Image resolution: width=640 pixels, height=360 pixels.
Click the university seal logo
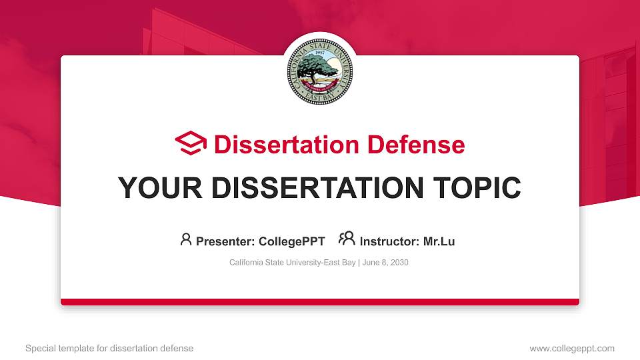320,70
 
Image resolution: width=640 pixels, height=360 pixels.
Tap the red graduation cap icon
191,143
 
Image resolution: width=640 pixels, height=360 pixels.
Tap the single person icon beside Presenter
186,239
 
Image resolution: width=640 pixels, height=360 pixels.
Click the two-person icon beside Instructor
347,239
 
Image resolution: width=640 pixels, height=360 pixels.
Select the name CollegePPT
291,241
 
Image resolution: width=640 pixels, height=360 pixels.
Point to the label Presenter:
225,241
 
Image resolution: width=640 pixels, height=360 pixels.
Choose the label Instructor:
389,241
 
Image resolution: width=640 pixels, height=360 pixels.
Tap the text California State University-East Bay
292,263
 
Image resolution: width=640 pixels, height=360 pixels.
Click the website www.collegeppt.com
571,348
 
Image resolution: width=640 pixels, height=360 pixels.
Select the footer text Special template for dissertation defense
109,348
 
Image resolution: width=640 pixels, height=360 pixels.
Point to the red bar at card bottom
320,302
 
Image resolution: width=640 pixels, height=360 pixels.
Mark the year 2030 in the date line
399,263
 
